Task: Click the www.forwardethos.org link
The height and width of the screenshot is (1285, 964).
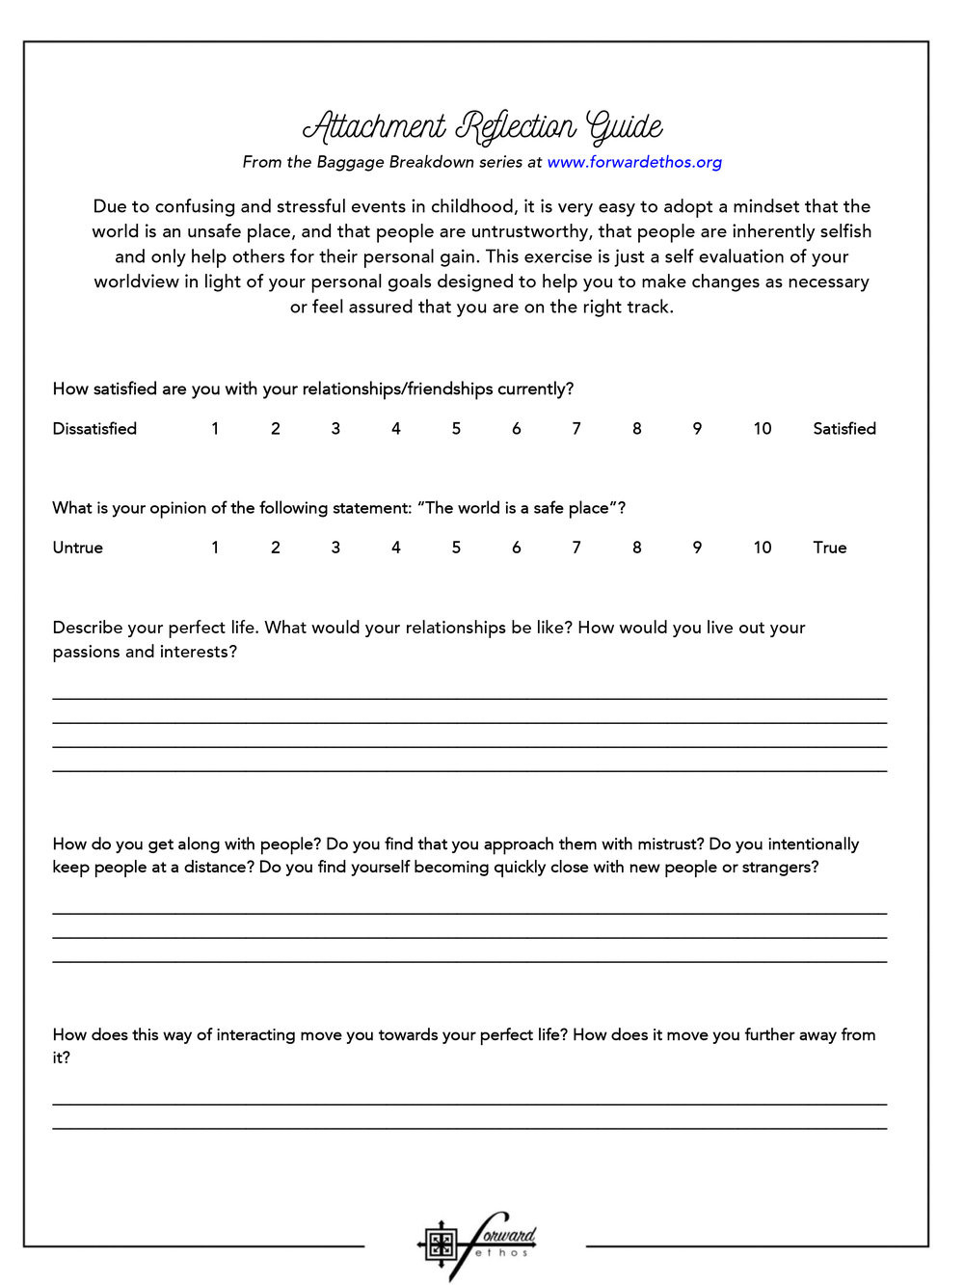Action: point(634,162)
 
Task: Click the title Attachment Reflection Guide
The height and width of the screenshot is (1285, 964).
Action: point(482,127)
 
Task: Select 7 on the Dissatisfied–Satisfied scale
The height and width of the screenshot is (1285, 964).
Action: point(576,429)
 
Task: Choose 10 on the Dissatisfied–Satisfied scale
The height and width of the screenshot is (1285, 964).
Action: point(763,429)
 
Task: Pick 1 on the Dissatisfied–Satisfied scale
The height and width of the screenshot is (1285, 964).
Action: point(215,429)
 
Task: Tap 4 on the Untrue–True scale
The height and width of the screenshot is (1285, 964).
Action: point(396,548)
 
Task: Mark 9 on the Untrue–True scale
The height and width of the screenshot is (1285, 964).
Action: point(697,548)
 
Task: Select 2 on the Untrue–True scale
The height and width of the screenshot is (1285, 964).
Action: point(276,548)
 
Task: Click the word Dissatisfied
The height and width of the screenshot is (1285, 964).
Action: point(94,429)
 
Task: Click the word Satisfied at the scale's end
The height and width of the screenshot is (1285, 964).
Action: point(844,429)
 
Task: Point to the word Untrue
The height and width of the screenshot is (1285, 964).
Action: point(77,548)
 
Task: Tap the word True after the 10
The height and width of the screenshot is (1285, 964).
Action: point(830,548)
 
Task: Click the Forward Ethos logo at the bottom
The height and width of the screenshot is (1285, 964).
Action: point(477,1245)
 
